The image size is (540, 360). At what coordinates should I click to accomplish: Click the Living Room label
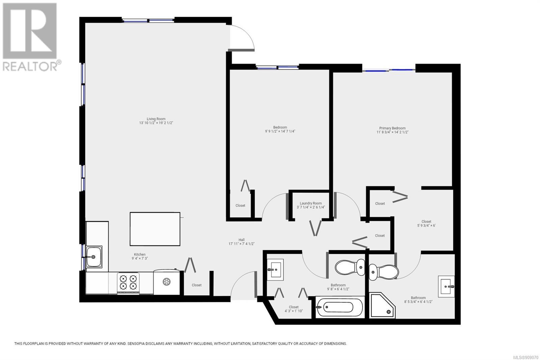[156, 119]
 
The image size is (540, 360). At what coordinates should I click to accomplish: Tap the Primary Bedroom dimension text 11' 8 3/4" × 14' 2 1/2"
[393, 132]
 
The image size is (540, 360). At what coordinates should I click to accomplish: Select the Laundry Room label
[311, 203]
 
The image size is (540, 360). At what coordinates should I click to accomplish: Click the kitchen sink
[94, 257]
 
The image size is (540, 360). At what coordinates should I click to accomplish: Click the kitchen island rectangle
[155, 229]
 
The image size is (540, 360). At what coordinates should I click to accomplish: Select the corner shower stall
[383, 305]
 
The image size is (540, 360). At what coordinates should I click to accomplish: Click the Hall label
[242, 239]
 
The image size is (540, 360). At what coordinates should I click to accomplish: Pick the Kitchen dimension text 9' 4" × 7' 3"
[140, 258]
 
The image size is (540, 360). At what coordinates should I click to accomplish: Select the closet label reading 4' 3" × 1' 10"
[294, 311]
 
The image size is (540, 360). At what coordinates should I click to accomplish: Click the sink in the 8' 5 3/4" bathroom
[447, 286]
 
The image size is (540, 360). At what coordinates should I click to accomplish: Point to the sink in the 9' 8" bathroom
[275, 270]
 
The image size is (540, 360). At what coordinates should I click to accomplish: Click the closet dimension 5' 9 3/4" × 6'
[426, 226]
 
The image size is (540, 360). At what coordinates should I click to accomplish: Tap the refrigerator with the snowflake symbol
[167, 282]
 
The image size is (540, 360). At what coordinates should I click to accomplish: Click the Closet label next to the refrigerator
[196, 285]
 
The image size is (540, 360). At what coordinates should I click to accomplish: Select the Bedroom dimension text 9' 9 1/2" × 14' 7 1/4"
[280, 131]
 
